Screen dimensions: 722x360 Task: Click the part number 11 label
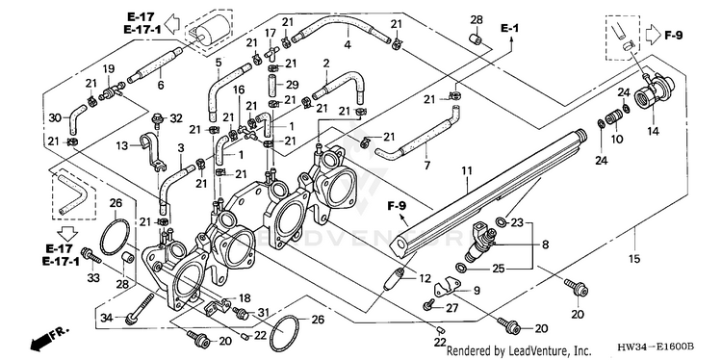pos(467,171)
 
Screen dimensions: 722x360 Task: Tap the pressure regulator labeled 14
pos(654,91)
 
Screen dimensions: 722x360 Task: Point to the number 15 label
pos(634,259)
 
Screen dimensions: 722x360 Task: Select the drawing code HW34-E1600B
pos(655,347)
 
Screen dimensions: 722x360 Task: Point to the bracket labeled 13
pos(151,151)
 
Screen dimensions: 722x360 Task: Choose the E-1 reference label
pos(509,28)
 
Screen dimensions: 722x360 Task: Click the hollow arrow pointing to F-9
pos(653,35)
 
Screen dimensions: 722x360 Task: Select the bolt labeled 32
pos(159,120)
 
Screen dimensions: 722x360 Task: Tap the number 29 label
pos(293,85)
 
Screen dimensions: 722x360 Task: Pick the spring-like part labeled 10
pos(614,116)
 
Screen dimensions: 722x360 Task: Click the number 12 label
pos(425,278)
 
